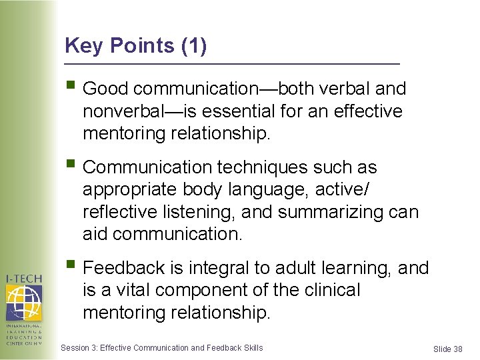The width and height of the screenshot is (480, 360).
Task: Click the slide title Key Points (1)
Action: pos(136,46)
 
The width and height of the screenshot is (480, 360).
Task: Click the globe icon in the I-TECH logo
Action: pos(23,301)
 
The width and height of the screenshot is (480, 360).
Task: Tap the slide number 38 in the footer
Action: pos(457,349)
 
